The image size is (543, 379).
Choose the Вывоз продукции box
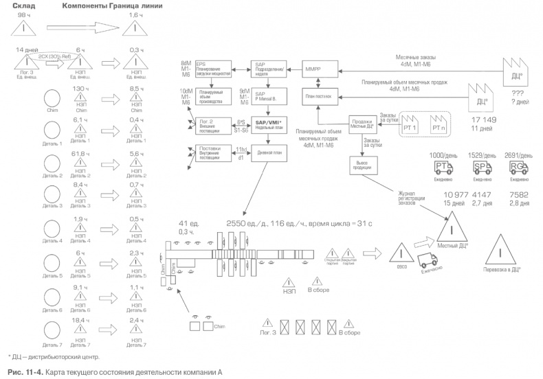pyautogui.click(x=364, y=165)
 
